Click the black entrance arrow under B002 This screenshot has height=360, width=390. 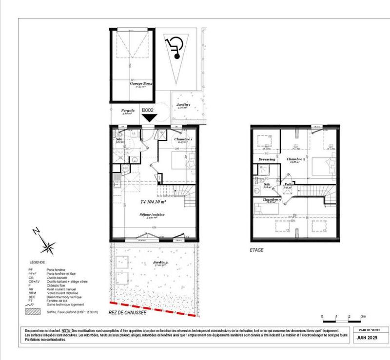[x=149, y=117]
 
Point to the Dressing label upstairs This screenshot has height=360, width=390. [x=267, y=159]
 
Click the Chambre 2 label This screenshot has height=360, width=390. [x=296, y=159]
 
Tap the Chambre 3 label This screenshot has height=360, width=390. [x=272, y=200]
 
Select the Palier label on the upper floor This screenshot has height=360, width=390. [x=289, y=185]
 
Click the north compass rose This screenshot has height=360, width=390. [x=47, y=246]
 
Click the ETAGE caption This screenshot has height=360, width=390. [x=256, y=250]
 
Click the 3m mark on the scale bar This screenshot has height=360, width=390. [x=363, y=317]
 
